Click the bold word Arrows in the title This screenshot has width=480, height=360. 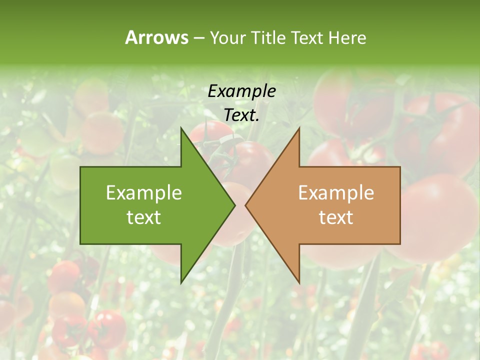click(x=156, y=37)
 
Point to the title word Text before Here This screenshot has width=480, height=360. click(x=308, y=37)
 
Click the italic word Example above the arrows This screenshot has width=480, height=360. click(x=241, y=91)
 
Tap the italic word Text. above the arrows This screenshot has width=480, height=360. click(x=241, y=115)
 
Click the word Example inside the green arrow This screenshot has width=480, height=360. click(x=144, y=192)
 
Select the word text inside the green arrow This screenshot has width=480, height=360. click(x=144, y=217)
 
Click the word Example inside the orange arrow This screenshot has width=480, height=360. click(x=336, y=192)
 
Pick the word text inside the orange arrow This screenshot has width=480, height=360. click(x=336, y=217)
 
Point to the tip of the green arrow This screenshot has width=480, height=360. click(x=235, y=205)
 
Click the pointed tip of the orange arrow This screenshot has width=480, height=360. click(x=245, y=205)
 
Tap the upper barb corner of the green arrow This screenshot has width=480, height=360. click(x=181, y=127)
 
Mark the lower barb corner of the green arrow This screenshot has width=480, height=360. click(x=181, y=283)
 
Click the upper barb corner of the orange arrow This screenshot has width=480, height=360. click(x=299, y=127)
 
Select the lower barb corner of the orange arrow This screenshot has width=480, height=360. click(x=299, y=283)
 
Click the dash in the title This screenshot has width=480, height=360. click(x=198, y=38)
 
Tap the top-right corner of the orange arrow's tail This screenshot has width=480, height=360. click(x=400, y=167)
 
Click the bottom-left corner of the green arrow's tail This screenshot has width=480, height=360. click(x=80, y=244)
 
